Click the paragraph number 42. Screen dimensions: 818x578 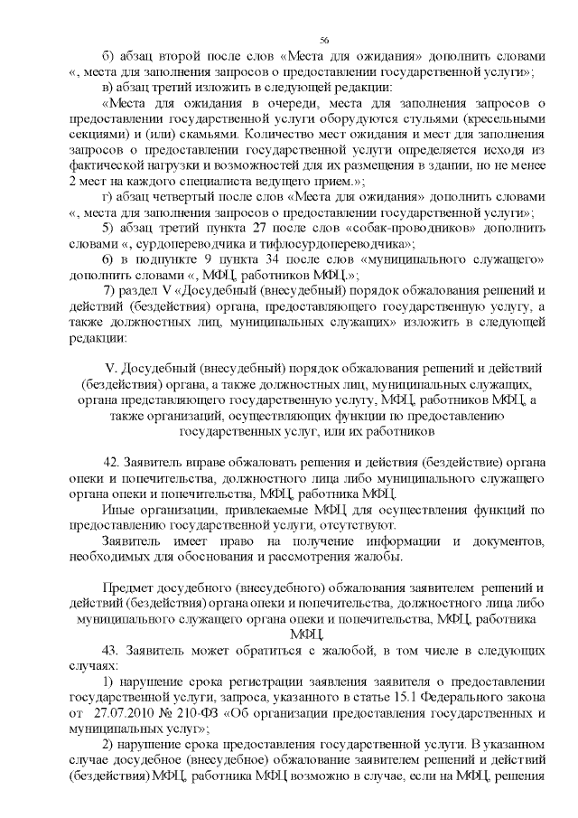(114, 463)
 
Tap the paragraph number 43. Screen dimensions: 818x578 (114, 649)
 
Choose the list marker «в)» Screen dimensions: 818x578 (109, 88)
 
